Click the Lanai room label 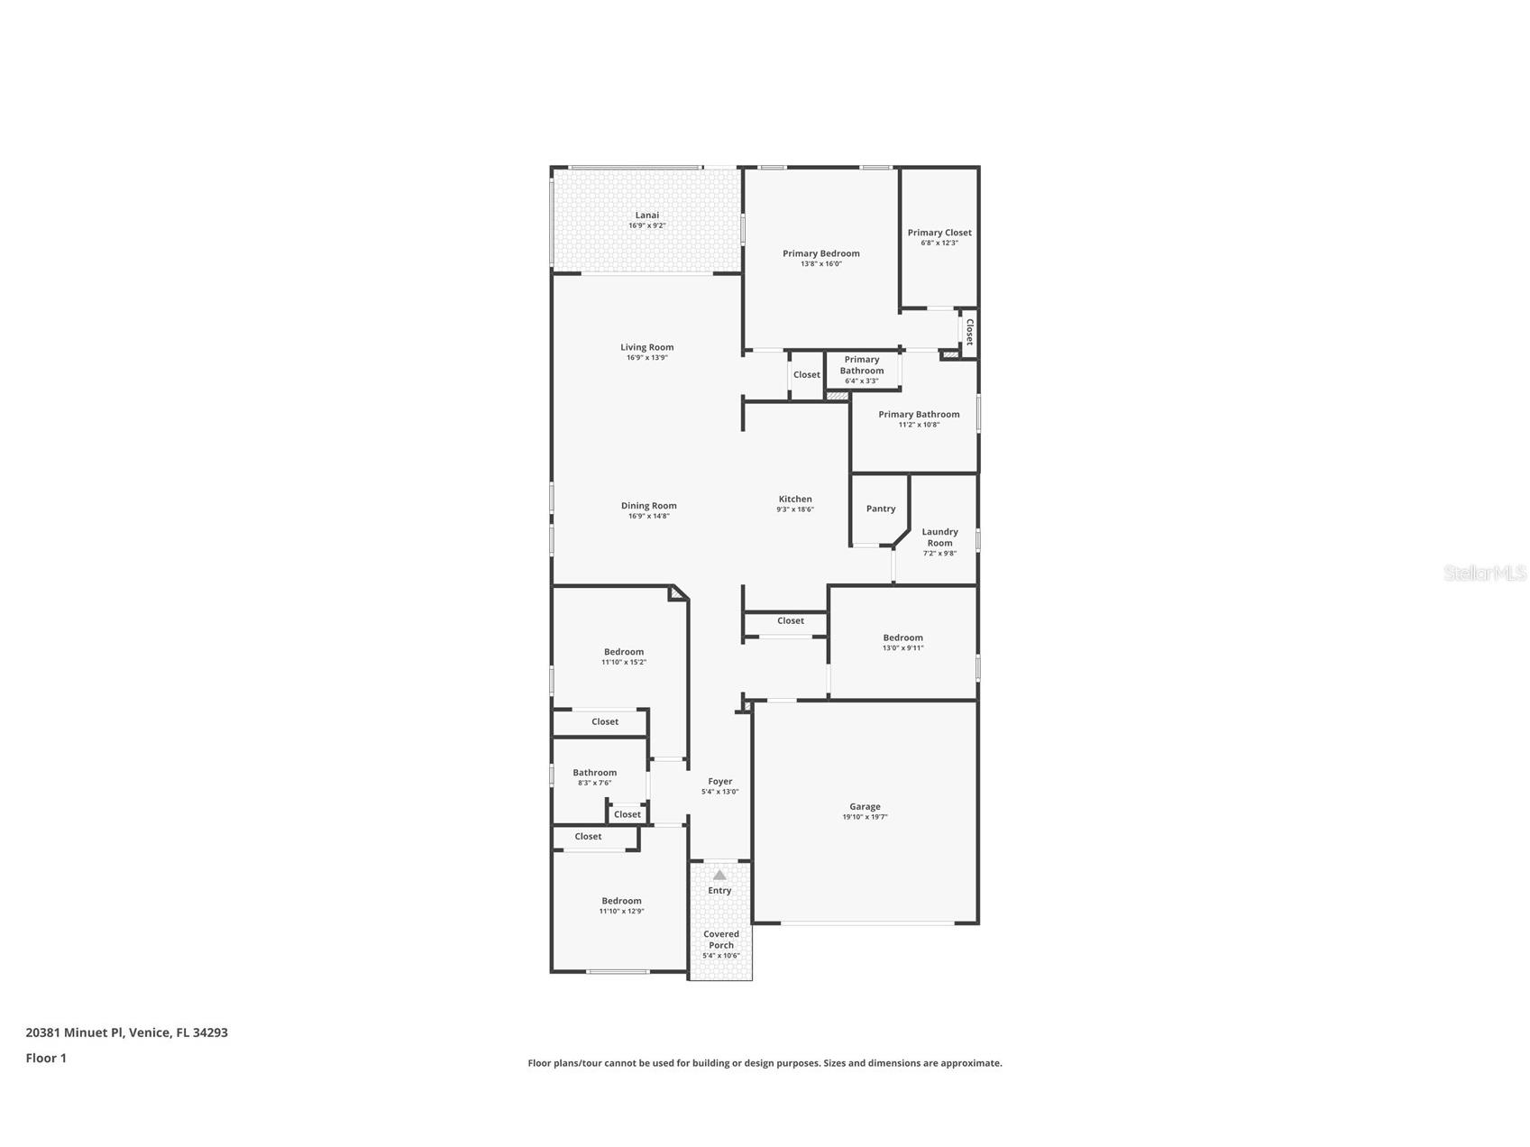pos(646,216)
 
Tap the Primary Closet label pos(939,233)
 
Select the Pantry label pos(880,509)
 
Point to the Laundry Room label pos(939,537)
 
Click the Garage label pos(864,807)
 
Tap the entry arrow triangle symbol pos(719,875)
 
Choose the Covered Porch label pos(720,940)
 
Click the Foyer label pos(719,782)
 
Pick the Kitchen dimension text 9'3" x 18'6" pos(794,509)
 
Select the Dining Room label pos(648,506)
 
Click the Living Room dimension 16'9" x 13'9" pos(646,358)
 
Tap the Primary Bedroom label pos(820,253)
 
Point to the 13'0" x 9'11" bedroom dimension pos(902,648)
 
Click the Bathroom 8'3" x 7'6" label pos(594,773)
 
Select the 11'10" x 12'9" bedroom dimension pos(621,912)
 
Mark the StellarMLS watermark pos(1484,573)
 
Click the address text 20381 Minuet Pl pos(76,1032)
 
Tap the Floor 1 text pos(46,1058)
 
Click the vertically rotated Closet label pos(969,332)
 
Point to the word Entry pos(719,891)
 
